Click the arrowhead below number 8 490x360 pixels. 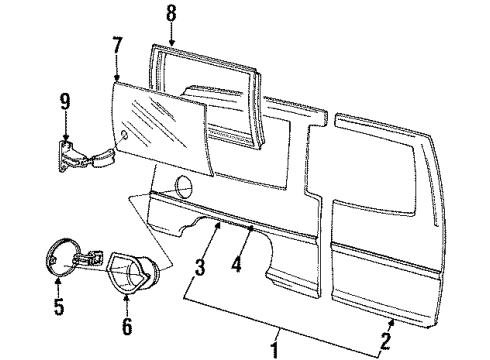point(171,46)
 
